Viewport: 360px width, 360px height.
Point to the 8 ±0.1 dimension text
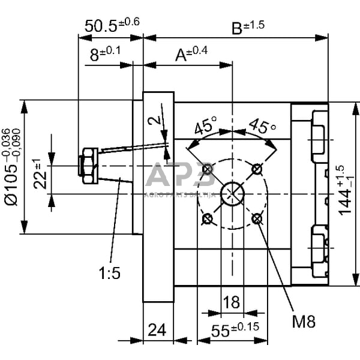(105, 53)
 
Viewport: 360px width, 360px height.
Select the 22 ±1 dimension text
(40, 174)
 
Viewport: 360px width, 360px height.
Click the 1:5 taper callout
(110, 273)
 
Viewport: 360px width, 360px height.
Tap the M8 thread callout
(304, 321)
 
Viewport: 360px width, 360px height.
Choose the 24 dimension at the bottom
(158, 330)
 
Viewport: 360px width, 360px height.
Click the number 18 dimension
(231, 302)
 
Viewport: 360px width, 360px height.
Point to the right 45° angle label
(261, 127)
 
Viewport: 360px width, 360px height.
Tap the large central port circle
(232, 193)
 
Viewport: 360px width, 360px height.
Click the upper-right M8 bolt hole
(257, 169)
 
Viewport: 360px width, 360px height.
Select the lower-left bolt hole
(208, 219)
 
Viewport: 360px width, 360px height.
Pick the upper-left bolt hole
(208, 170)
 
